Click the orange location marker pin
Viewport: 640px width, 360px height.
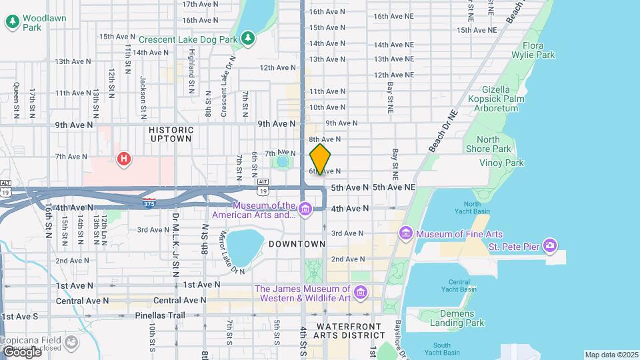(x=320, y=159)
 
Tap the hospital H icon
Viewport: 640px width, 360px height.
(x=123, y=159)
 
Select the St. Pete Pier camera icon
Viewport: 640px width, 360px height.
(x=549, y=245)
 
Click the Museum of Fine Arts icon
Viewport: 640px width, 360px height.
(x=406, y=233)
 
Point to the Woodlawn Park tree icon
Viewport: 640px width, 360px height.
(x=12, y=22)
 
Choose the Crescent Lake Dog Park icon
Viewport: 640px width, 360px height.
(x=248, y=39)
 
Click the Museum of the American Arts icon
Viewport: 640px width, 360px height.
(x=305, y=210)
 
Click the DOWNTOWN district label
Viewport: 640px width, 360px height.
(x=297, y=245)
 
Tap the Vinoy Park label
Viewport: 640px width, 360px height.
(x=501, y=163)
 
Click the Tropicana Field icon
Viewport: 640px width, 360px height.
(x=71, y=342)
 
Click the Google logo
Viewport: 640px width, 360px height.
(x=22, y=351)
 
